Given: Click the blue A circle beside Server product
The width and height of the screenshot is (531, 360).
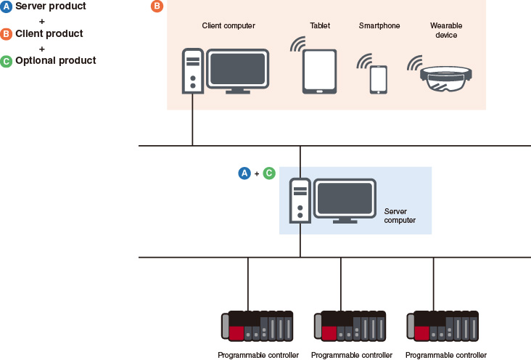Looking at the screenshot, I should pyautogui.click(x=7, y=7).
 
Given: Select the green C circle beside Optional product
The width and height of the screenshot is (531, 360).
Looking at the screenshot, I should pyautogui.click(x=7, y=61).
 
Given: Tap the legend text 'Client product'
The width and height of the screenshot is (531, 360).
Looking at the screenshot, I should pyautogui.click(x=49, y=33).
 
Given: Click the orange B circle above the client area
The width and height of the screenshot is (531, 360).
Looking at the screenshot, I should pyautogui.click(x=157, y=7).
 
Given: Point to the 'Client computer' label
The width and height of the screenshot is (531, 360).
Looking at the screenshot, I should pyautogui.click(x=229, y=26).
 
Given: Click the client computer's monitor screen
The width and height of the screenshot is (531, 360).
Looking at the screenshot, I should pyautogui.click(x=238, y=68).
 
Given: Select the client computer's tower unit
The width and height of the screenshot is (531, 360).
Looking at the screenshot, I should pyautogui.click(x=192, y=71).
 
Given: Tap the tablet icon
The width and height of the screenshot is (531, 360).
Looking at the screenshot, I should pyautogui.click(x=320, y=71).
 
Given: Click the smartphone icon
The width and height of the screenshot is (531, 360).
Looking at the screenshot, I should pyautogui.click(x=379, y=79).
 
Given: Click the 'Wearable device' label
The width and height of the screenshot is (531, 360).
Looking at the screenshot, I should pyautogui.click(x=446, y=30).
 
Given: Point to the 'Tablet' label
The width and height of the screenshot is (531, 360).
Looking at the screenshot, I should pyautogui.click(x=320, y=26).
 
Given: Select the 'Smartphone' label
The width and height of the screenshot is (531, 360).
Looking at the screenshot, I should pyautogui.click(x=379, y=26).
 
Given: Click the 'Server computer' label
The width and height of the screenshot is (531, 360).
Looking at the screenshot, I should pyautogui.click(x=400, y=216).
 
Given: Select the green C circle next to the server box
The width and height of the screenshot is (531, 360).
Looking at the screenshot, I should pyautogui.click(x=268, y=173).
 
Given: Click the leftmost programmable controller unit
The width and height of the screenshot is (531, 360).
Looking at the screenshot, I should pyautogui.click(x=258, y=327).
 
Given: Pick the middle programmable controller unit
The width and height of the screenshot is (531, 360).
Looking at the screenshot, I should pyautogui.click(x=350, y=327).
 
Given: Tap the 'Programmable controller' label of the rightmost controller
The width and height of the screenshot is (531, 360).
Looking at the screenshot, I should pyautogui.click(x=445, y=355).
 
